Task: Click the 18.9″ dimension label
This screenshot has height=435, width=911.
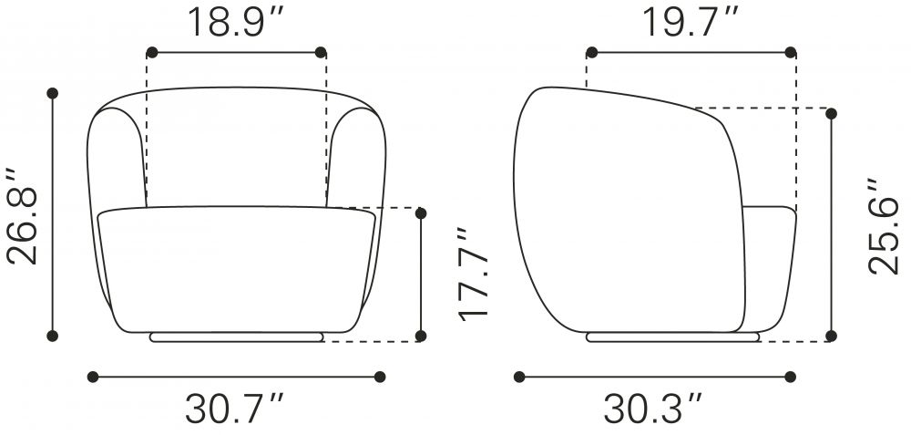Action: coord(235,22)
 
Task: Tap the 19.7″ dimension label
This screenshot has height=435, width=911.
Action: coord(691,22)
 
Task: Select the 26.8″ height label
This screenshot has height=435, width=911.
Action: coord(23,216)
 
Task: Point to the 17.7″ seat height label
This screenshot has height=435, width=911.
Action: coord(473,274)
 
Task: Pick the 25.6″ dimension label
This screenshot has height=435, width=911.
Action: coord(883,226)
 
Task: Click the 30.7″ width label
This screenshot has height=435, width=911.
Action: coord(235,409)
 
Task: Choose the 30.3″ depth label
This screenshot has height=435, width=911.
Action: coord(653,409)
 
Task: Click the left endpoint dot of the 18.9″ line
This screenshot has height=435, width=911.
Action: coord(151,52)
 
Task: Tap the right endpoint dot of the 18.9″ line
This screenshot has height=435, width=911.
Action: coord(320,52)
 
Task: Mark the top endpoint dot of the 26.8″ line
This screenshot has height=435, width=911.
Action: coord(52,93)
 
